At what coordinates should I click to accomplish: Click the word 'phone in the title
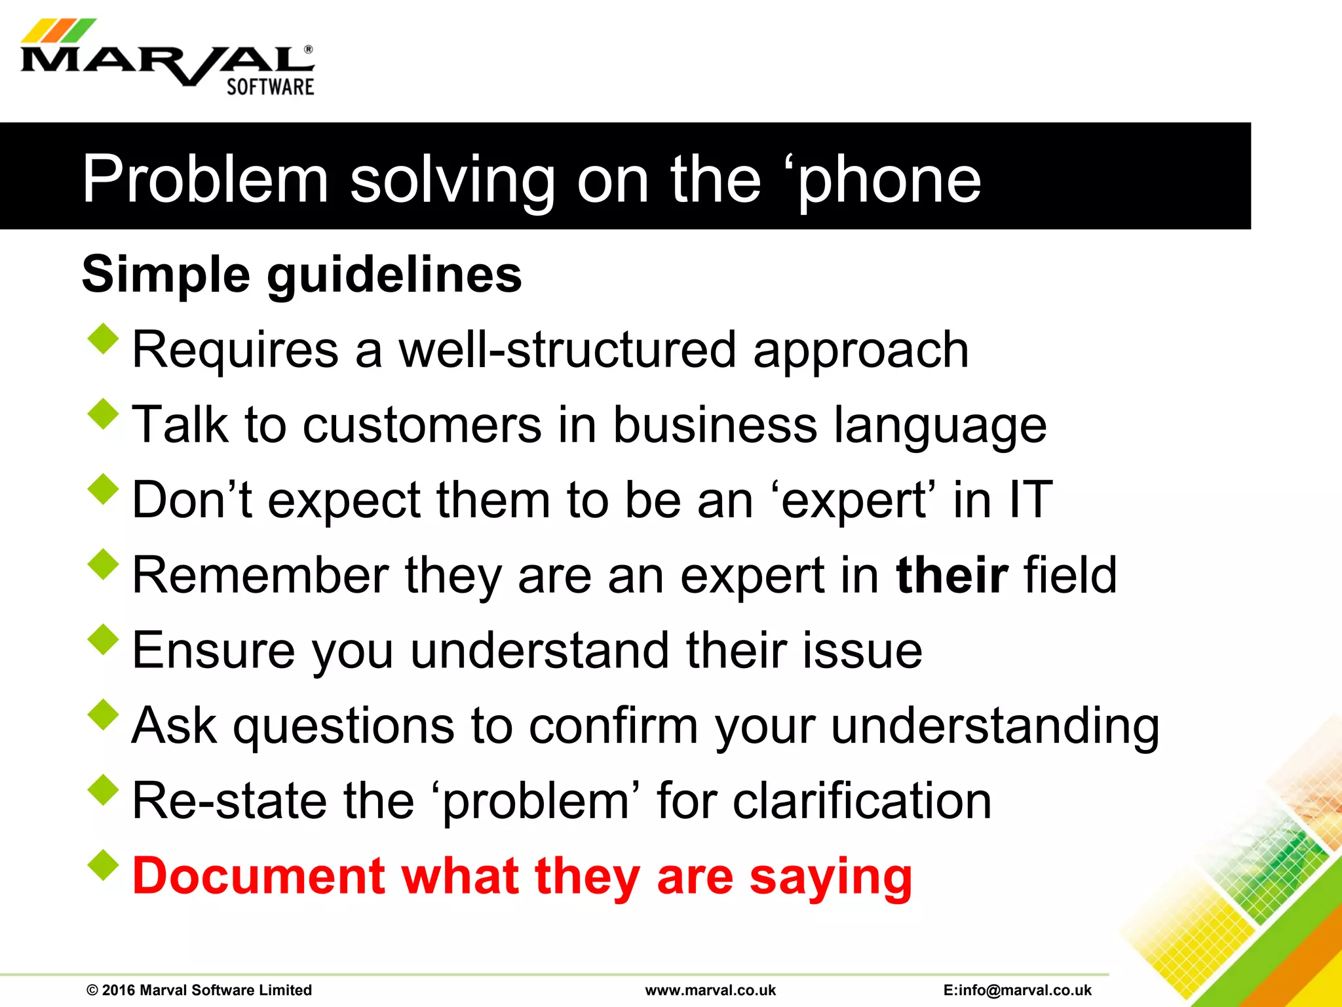coord(889,180)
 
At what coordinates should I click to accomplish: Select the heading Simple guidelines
coord(301,275)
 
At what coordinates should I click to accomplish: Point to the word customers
coord(422,425)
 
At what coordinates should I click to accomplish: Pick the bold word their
coord(951,575)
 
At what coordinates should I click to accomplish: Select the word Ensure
coord(214,650)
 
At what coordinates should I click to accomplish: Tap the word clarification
coord(861,801)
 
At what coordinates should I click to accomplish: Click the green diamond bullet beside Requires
coord(104,340)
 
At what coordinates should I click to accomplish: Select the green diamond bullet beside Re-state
coord(104,790)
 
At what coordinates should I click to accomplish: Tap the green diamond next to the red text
coord(104,865)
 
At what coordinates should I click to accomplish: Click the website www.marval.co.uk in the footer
coord(710,990)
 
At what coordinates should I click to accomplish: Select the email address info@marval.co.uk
coord(1018,990)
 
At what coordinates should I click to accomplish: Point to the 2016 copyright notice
coord(199,990)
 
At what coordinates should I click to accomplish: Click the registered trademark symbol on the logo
coord(309,50)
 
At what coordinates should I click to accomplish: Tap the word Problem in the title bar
coord(204,180)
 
